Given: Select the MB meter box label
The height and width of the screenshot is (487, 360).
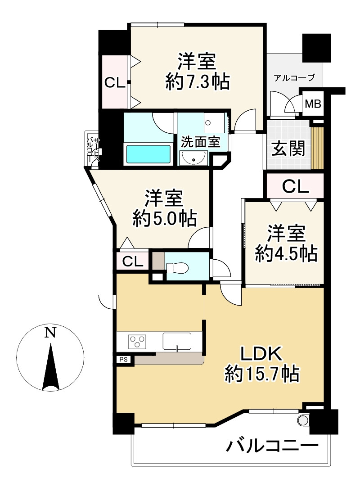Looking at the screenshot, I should click(313, 104).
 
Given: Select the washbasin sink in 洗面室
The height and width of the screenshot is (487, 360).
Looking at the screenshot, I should click(194, 158).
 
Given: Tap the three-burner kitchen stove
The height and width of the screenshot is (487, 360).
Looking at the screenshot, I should click(137, 341).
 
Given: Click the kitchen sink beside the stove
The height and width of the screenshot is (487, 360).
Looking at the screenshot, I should click(177, 341).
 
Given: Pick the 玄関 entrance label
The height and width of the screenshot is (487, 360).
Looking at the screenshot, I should click(288, 148).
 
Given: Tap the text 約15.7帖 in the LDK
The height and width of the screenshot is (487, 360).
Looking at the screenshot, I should click(262, 373).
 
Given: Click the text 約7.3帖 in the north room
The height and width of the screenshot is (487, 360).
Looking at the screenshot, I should click(197, 82).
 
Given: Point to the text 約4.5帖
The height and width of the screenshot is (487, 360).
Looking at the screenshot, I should click(286, 254).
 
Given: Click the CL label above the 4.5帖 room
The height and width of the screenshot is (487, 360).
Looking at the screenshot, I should click(295, 186).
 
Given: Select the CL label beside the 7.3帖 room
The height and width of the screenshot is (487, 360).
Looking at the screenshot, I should click(115, 82).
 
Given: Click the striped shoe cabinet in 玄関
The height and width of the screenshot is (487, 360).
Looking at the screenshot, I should click(318, 148).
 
